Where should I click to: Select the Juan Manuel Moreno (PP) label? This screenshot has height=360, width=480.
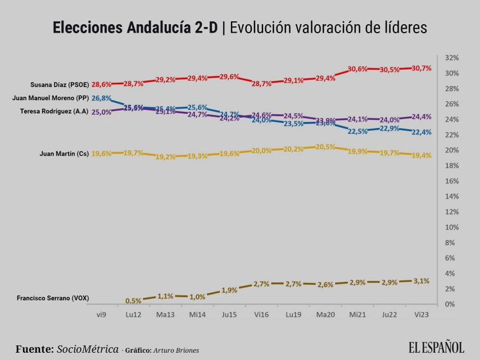(51, 98)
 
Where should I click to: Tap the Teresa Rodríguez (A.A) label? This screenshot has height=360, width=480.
(54, 111)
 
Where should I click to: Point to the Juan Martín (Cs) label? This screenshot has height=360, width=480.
(64, 154)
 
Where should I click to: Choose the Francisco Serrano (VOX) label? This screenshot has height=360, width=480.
(53, 298)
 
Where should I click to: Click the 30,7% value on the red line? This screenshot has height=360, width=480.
(421, 68)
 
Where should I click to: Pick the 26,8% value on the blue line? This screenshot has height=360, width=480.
(101, 98)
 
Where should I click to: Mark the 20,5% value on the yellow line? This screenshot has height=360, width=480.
(325, 147)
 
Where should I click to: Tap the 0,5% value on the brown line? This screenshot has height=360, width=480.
(133, 301)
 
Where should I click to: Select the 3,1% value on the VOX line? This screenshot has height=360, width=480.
(421, 281)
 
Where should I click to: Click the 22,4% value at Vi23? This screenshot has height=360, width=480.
(421, 132)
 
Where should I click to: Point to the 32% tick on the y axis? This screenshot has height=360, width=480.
(452, 58)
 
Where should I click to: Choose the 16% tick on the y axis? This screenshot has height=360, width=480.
(452, 181)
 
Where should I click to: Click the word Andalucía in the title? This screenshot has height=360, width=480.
(175, 28)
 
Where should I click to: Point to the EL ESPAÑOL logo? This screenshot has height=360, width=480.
(436, 347)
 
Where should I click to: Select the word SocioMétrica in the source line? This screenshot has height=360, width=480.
(88, 349)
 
